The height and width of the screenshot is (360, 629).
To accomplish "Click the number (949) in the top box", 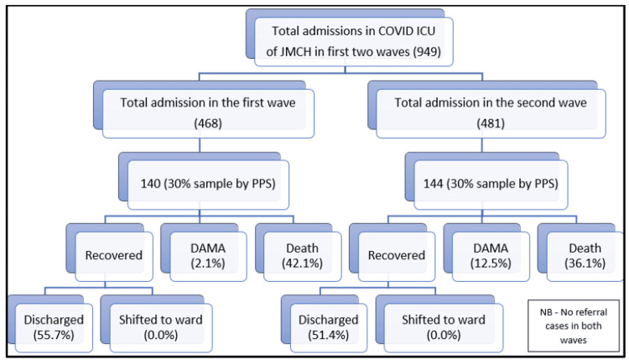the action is (427, 52).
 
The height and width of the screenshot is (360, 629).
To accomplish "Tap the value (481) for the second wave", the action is (491, 123).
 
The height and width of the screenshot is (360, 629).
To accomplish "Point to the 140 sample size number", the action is (150, 184).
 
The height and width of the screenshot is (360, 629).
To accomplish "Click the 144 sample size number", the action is (434, 184).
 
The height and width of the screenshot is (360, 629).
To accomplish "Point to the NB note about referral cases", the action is (574, 326).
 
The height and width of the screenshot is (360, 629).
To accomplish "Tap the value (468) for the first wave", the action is (208, 123).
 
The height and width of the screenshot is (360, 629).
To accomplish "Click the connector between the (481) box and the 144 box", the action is (481, 145).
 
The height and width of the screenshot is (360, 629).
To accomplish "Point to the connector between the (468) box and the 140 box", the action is (200, 145).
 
